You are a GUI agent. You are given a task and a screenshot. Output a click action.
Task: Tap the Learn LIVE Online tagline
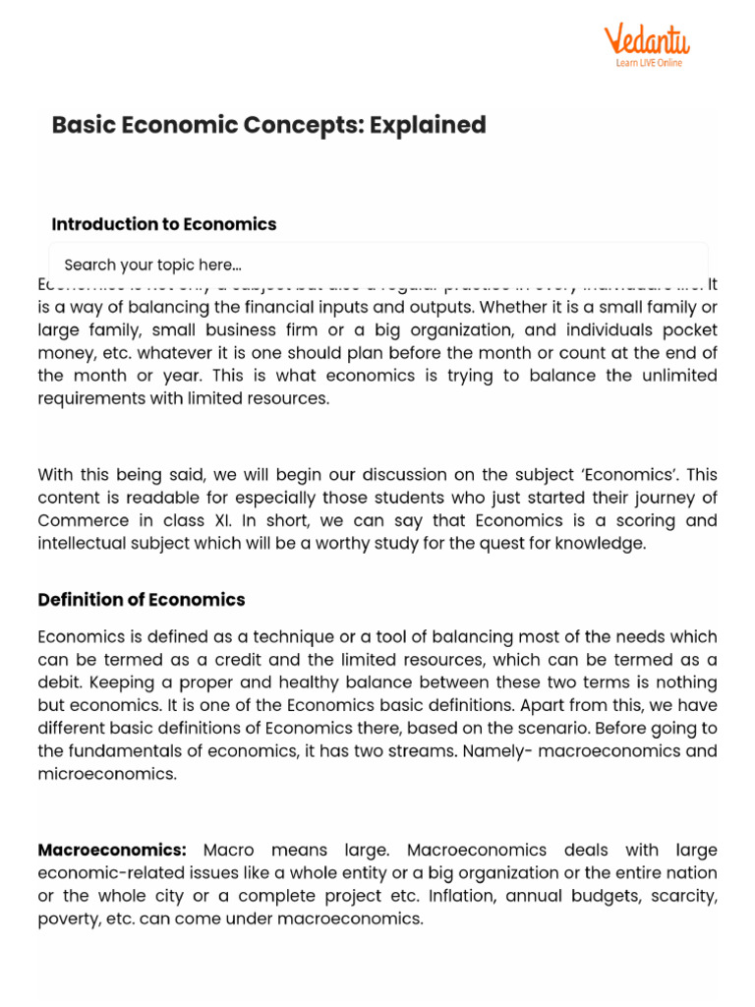pyautogui.click(x=649, y=63)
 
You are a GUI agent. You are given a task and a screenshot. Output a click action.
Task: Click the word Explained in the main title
pyautogui.click(x=428, y=125)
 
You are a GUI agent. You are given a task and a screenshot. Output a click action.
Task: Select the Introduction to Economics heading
pyautogui.click(x=164, y=224)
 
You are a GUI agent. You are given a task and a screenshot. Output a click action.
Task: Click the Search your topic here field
pyautogui.click(x=377, y=265)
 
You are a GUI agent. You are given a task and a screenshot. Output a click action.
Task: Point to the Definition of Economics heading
pyautogui.click(x=142, y=600)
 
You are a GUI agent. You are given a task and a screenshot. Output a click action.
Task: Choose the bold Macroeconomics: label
pyautogui.click(x=112, y=850)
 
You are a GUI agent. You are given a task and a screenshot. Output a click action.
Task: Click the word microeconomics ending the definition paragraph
pyautogui.click(x=108, y=774)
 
